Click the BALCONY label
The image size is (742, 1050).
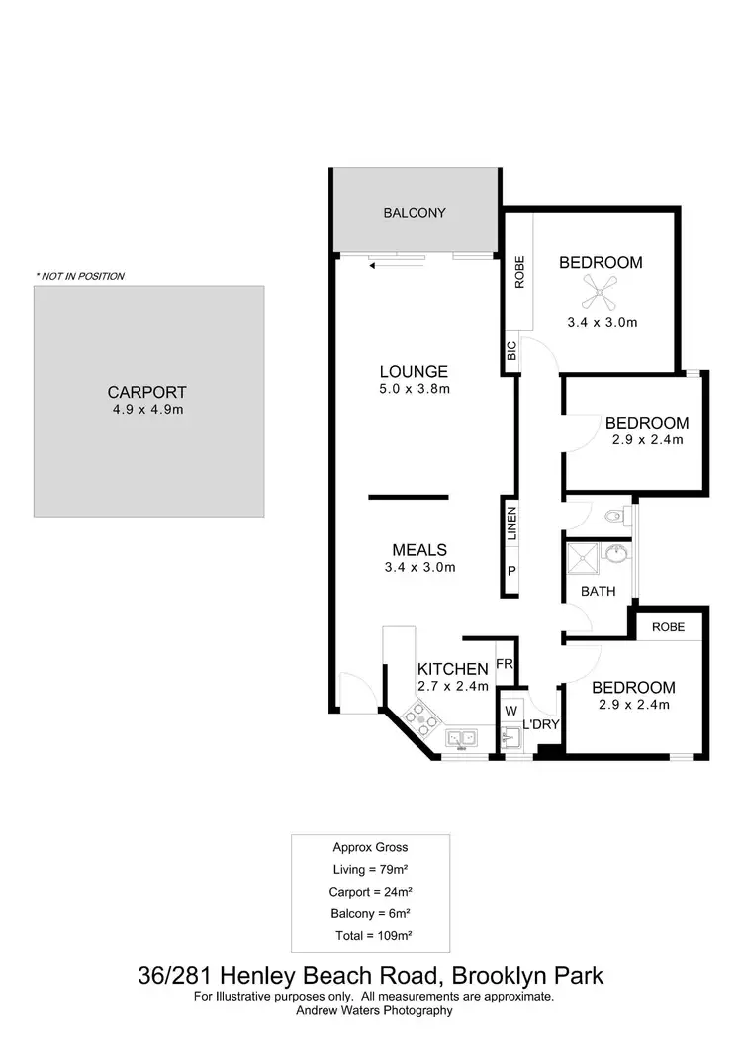[415, 213]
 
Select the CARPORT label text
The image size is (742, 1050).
[147, 392]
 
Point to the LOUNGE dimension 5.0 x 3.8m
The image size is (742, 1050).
[415, 389]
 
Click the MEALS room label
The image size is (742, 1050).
[419, 550]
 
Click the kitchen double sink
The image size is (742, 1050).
[461, 738]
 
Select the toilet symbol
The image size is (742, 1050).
[614, 515]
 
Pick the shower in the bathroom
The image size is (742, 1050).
[583, 560]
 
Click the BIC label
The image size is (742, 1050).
[511, 351]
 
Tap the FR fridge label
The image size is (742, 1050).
[504, 663]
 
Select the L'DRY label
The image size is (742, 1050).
[541, 725]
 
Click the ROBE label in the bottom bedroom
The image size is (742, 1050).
[669, 626]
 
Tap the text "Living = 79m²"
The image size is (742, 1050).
[369, 870]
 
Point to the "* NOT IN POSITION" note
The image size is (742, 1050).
[80, 276]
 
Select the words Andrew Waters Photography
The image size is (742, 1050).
[374, 1010]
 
